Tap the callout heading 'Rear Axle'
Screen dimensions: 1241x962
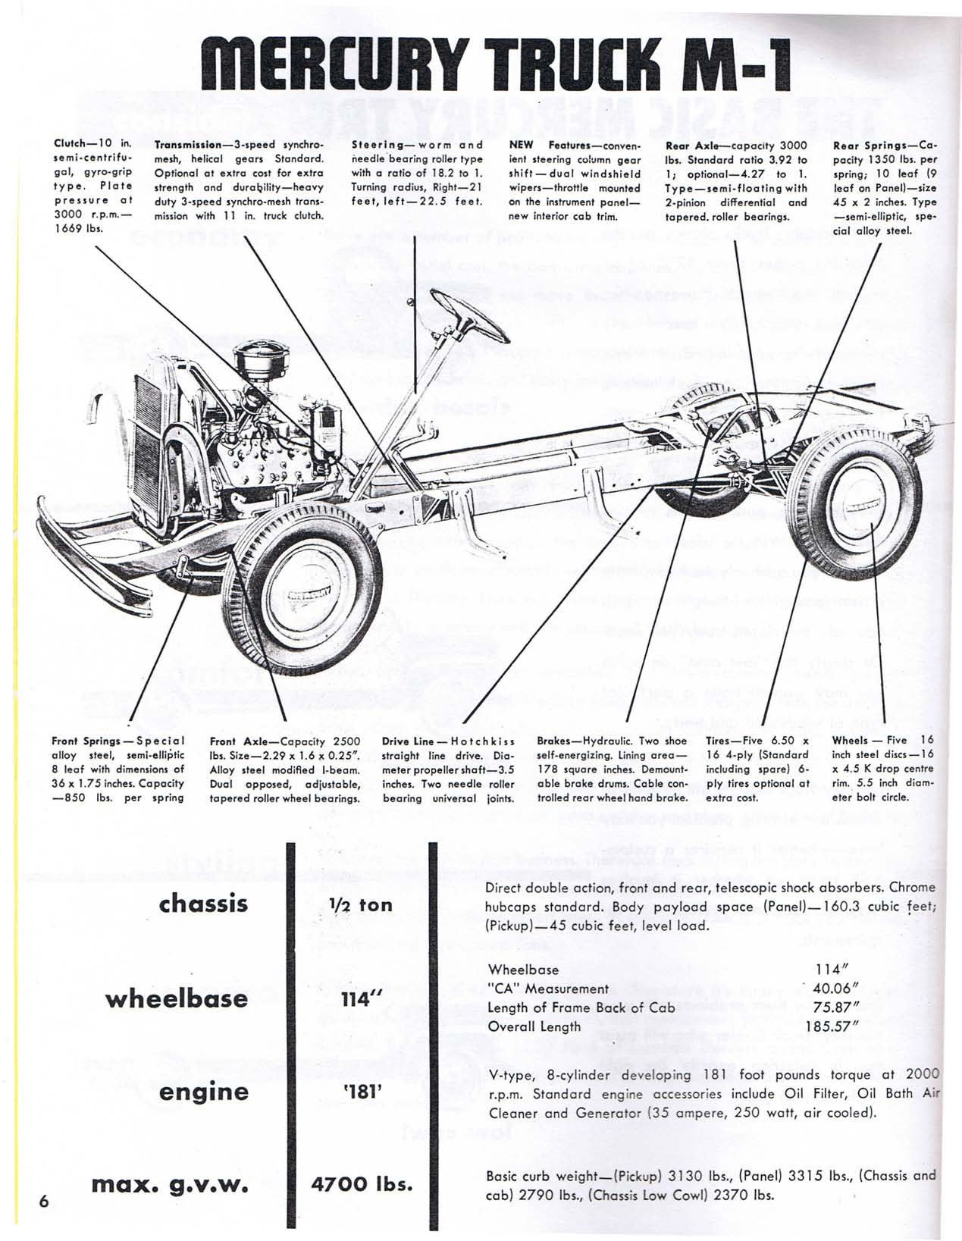click(x=687, y=146)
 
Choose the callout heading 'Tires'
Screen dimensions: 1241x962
click(x=721, y=741)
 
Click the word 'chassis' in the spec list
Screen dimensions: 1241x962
click(x=203, y=904)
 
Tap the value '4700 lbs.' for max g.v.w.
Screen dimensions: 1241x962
click(x=362, y=1183)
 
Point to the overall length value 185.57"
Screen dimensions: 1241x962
click(x=832, y=1026)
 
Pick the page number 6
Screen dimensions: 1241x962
click(x=43, y=1202)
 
